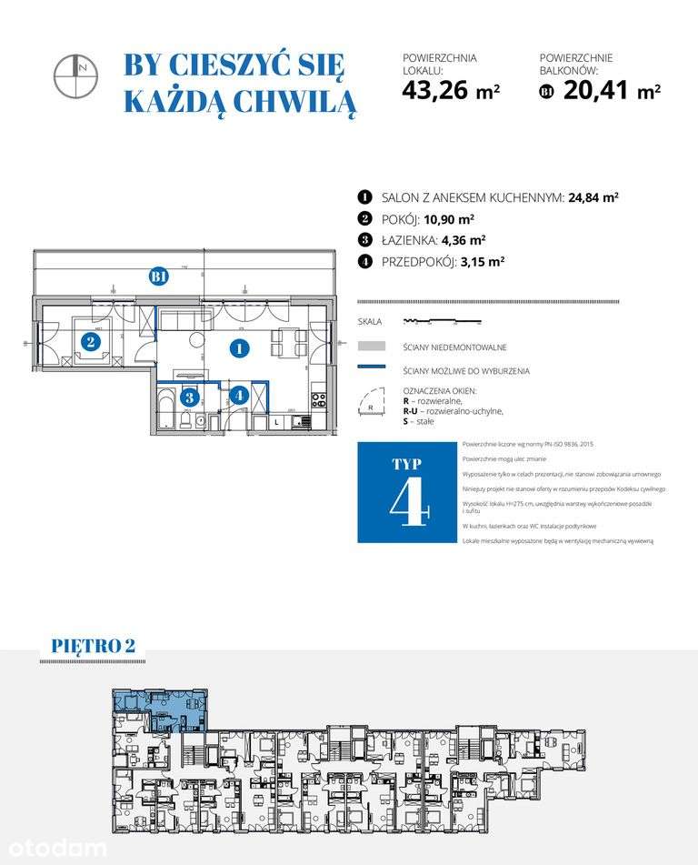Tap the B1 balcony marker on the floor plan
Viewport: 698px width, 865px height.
[x=159, y=277]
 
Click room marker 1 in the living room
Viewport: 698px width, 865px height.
[x=238, y=347]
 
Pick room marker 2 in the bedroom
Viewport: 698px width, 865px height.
[x=90, y=342]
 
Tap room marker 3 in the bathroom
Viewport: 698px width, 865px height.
[x=189, y=397]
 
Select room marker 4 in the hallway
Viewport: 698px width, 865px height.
[x=238, y=396]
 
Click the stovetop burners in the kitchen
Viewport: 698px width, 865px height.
[x=318, y=397]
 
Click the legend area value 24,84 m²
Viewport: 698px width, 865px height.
[x=593, y=197]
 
